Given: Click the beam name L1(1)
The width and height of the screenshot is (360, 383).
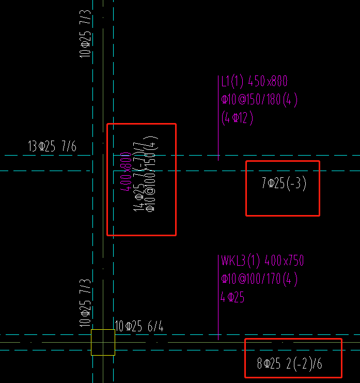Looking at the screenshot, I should [232, 82].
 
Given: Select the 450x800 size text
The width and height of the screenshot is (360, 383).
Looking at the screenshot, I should [268, 82].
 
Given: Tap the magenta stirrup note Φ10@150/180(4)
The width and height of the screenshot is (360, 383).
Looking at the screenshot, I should [259, 100].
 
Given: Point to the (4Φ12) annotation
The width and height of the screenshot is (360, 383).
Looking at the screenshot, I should [237, 118].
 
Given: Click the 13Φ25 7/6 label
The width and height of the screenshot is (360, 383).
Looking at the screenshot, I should [52, 147].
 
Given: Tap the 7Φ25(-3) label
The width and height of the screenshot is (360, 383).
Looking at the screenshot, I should [284, 183].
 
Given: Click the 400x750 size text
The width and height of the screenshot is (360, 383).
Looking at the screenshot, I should [284, 261].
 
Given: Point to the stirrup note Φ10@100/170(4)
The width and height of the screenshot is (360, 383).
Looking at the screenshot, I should [259, 280].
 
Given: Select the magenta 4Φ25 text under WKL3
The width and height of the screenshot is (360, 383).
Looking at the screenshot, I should [232, 298].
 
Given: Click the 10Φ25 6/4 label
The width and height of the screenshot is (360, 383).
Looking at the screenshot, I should [140, 326].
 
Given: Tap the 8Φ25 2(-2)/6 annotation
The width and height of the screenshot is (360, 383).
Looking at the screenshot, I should [289, 363].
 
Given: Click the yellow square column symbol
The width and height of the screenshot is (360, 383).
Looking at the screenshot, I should [103, 342].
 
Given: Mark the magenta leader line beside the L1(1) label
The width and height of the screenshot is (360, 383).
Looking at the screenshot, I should [218, 116].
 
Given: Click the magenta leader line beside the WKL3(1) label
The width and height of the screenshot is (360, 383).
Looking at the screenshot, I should [218, 297].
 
